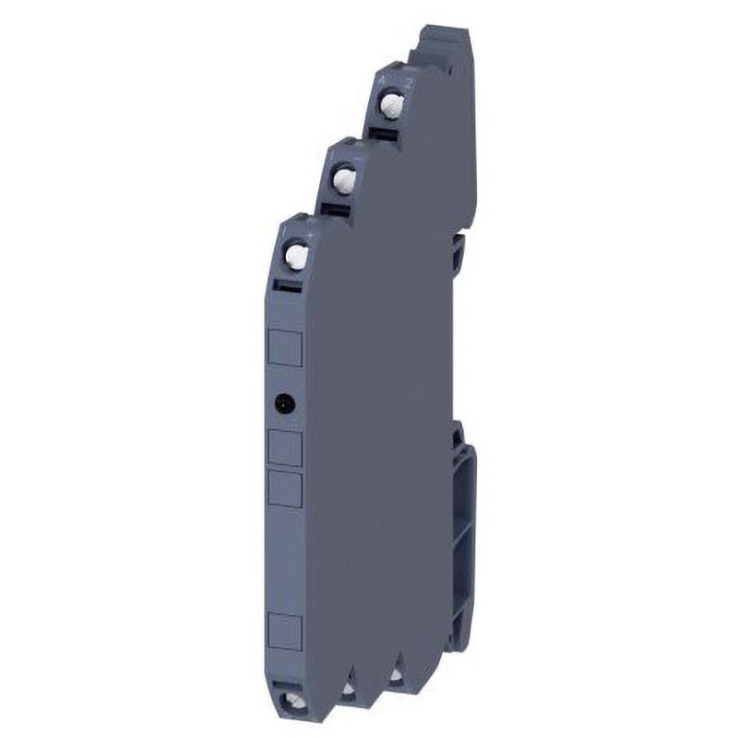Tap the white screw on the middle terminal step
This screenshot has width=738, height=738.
click(343, 175)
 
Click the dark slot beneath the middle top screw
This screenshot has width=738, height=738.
click(335, 209)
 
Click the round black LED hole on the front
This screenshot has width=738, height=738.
click(284, 402)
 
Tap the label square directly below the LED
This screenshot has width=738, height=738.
click(285, 446)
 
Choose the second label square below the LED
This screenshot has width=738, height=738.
click(285, 488)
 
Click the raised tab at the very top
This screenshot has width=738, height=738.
click(443, 42)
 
